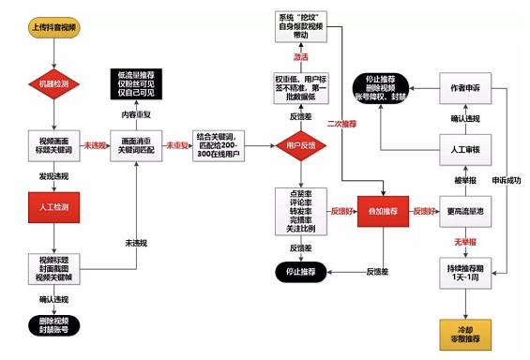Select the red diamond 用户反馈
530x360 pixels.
(x=299, y=146)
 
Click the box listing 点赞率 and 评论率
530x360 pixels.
(x=299, y=213)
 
